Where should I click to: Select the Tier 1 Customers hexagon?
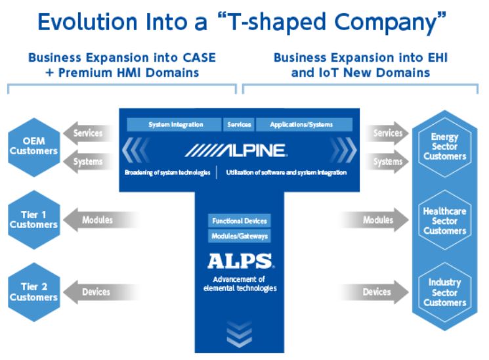click(x=34, y=219)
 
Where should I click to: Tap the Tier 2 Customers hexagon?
click(x=34, y=292)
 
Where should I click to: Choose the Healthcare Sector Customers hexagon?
click(x=444, y=221)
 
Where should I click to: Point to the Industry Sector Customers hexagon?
click(x=444, y=292)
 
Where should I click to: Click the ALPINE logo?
click(x=235, y=150)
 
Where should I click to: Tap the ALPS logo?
click(x=240, y=261)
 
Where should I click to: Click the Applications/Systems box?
click(x=302, y=124)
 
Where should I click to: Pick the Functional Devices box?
click(x=240, y=221)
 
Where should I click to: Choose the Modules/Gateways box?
click(x=240, y=236)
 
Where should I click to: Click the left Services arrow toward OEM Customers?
click(x=86, y=133)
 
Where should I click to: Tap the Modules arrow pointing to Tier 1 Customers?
click(x=96, y=220)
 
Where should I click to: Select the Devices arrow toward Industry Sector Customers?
click(x=379, y=292)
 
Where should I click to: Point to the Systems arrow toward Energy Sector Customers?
click(x=387, y=162)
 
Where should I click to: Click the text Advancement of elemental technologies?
click(x=239, y=283)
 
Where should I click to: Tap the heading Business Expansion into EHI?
click(x=360, y=58)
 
